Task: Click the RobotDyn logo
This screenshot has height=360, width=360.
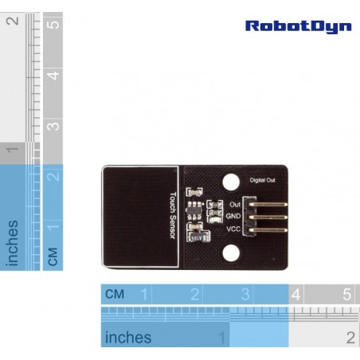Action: click(x=299, y=27)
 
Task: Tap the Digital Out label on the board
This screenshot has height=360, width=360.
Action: click(x=262, y=180)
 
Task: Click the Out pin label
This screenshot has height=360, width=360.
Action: click(x=235, y=205)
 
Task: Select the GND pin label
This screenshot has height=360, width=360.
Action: click(x=233, y=216)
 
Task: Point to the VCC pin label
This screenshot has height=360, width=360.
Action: click(x=233, y=229)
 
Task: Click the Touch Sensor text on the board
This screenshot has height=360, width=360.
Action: click(x=173, y=215)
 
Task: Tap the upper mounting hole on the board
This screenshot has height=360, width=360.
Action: click(x=231, y=182)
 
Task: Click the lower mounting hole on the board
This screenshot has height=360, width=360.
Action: click(x=231, y=253)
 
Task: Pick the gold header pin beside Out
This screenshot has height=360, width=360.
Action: click(x=268, y=205)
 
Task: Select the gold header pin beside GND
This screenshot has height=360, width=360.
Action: click(x=268, y=217)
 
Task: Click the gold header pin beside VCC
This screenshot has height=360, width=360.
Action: click(x=268, y=230)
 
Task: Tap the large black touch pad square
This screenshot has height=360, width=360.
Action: click(x=140, y=217)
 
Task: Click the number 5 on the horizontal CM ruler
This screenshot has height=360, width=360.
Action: click(x=346, y=294)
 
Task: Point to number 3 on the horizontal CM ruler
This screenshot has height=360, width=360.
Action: click(x=245, y=294)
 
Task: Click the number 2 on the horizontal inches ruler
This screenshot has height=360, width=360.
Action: click(x=350, y=338)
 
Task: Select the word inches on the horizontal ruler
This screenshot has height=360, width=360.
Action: click(x=128, y=337)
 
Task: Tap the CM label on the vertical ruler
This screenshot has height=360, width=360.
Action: click(x=53, y=256)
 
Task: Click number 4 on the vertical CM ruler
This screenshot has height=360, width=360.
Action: click(x=53, y=75)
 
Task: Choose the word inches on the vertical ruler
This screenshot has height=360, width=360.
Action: click(x=12, y=243)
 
